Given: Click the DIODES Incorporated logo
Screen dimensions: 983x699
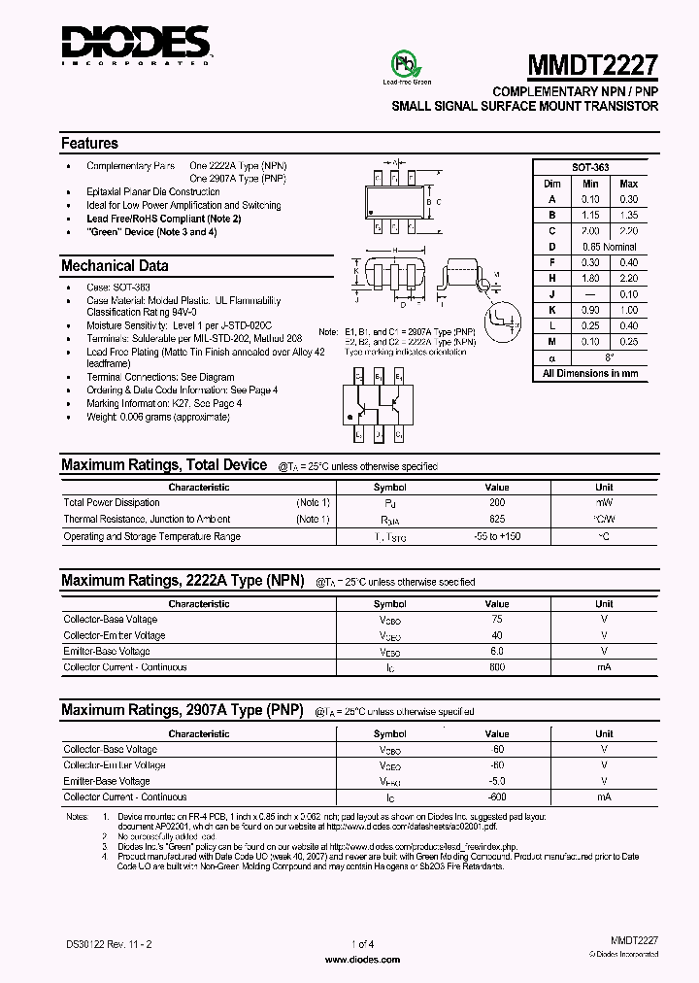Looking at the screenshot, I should pyautogui.click(x=136, y=45).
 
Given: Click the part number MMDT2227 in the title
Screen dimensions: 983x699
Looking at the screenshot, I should pyautogui.click(x=592, y=65).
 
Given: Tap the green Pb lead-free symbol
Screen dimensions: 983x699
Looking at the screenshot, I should pyautogui.click(x=401, y=64).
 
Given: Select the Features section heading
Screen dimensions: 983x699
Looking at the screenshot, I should pyautogui.click(x=89, y=143).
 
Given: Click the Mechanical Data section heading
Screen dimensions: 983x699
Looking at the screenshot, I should pyautogui.click(x=115, y=265).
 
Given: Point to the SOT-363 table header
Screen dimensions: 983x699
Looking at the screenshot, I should pyautogui.click(x=589, y=167).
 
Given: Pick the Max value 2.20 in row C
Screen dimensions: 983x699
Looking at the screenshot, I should pyautogui.click(x=628, y=231).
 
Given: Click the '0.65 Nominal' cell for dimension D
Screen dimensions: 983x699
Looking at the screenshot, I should pyautogui.click(x=608, y=247).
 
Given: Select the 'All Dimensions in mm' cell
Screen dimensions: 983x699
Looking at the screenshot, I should pyautogui.click(x=589, y=373).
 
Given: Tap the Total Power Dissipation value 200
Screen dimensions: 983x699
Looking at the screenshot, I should pyautogui.click(x=497, y=503).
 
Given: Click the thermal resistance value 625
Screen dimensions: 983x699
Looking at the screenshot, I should pyautogui.click(x=497, y=520).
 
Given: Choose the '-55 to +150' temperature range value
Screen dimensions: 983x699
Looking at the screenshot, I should pyautogui.click(x=497, y=536).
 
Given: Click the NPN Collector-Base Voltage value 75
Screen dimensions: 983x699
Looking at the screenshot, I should pyautogui.click(x=497, y=619).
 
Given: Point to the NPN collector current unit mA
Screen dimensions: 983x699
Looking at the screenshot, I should pyautogui.click(x=604, y=668).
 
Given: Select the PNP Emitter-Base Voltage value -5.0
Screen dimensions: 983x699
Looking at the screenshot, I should pyautogui.click(x=497, y=781).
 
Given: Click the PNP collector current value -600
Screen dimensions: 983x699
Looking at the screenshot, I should pyautogui.click(x=497, y=797).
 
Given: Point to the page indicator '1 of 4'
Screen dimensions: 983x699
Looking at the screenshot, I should pyautogui.click(x=361, y=943).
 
